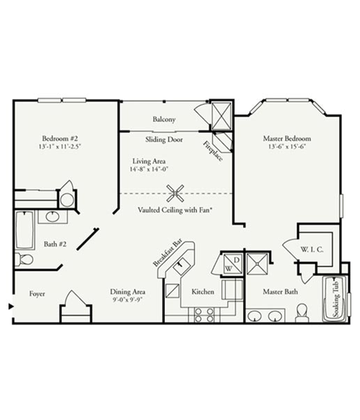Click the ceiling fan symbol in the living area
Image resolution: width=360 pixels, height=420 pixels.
pyautogui.click(x=175, y=193)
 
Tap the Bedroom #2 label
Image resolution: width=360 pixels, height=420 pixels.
pyautogui.click(x=60, y=139)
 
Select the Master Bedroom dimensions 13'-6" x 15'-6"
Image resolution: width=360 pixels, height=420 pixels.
pyautogui.click(x=287, y=146)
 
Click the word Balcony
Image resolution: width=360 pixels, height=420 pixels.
pyautogui.click(x=164, y=119)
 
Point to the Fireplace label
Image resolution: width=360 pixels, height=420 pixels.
pyautogui.click(x=213, y=151)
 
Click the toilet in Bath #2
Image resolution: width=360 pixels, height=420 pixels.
pyautogui.click(x=24, y=259)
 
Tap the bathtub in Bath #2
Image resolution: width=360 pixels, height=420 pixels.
pyautogui.click(x=25, y=230)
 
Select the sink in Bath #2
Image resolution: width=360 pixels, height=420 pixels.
pyautogui.click(x=52, y=217)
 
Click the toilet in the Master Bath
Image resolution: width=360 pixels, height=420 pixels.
pyautogui.click(x=302, y=313)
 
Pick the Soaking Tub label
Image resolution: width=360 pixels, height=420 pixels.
pyautogui.click(x=335, y=299)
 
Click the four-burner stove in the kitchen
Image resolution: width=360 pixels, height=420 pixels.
pyautogui.click(x=204, y=315)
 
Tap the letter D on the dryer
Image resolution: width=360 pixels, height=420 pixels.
pyautogui.click(x=236, y=260)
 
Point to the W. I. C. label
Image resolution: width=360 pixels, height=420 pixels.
pyautogui.click(x=312, y=250)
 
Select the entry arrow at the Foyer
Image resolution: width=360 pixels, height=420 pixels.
pyautogui.click(x=11, y=306)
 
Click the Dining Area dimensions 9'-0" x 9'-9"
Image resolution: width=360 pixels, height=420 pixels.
pyautogui.click(x=127, y=299)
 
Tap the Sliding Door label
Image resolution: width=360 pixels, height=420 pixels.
pyautogui.click(x=164, y=140)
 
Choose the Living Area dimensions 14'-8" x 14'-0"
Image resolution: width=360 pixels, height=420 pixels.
pyautogui.click(x=149, y=169)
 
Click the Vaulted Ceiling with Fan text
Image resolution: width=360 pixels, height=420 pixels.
pyautogui.click(x=175, y=210)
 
